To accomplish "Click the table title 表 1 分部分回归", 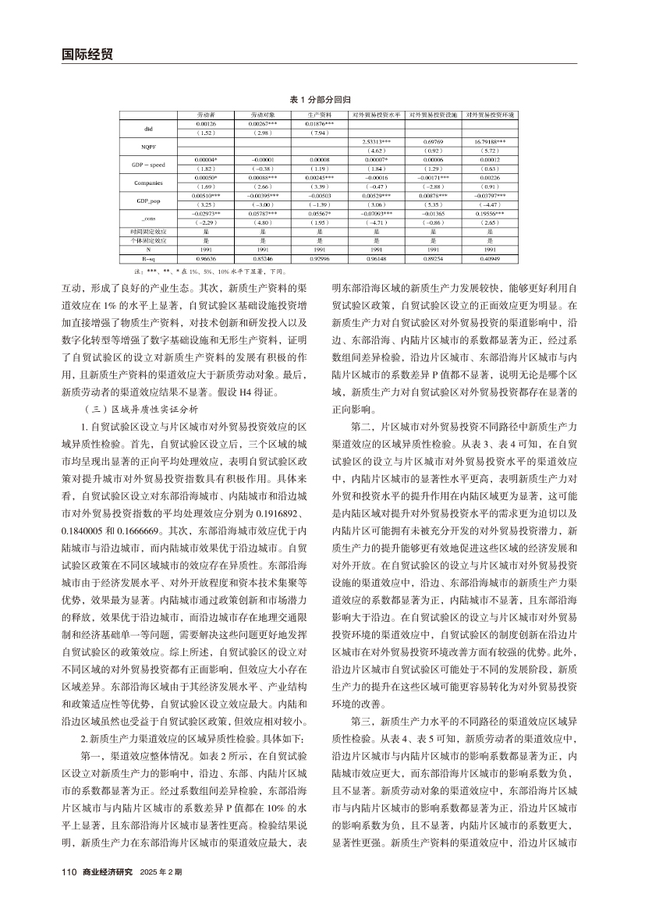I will (320, 101).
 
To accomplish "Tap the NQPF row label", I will (148, 146).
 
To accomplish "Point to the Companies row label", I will (148, 183).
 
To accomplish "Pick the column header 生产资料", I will (320, 115).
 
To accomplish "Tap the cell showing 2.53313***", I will (377, 141).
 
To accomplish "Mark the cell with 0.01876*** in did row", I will (320, 123).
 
